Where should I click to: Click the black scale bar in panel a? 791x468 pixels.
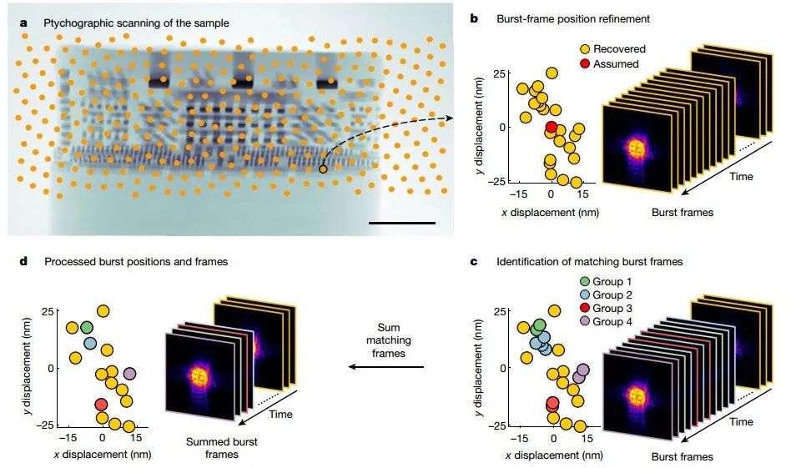[x=401, y=224]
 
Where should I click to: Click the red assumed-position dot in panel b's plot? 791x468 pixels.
[x=551, y=127]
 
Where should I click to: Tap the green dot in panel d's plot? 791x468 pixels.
[x=87, y=327]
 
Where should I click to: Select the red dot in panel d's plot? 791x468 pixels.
[x=101, y=405]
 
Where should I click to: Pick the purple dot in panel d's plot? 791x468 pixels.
[x=129, y=374]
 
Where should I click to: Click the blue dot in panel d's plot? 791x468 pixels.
[x=90, y=343]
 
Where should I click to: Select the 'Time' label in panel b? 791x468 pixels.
[x=742, y=176]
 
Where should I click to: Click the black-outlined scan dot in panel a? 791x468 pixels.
[x=323, y=169]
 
